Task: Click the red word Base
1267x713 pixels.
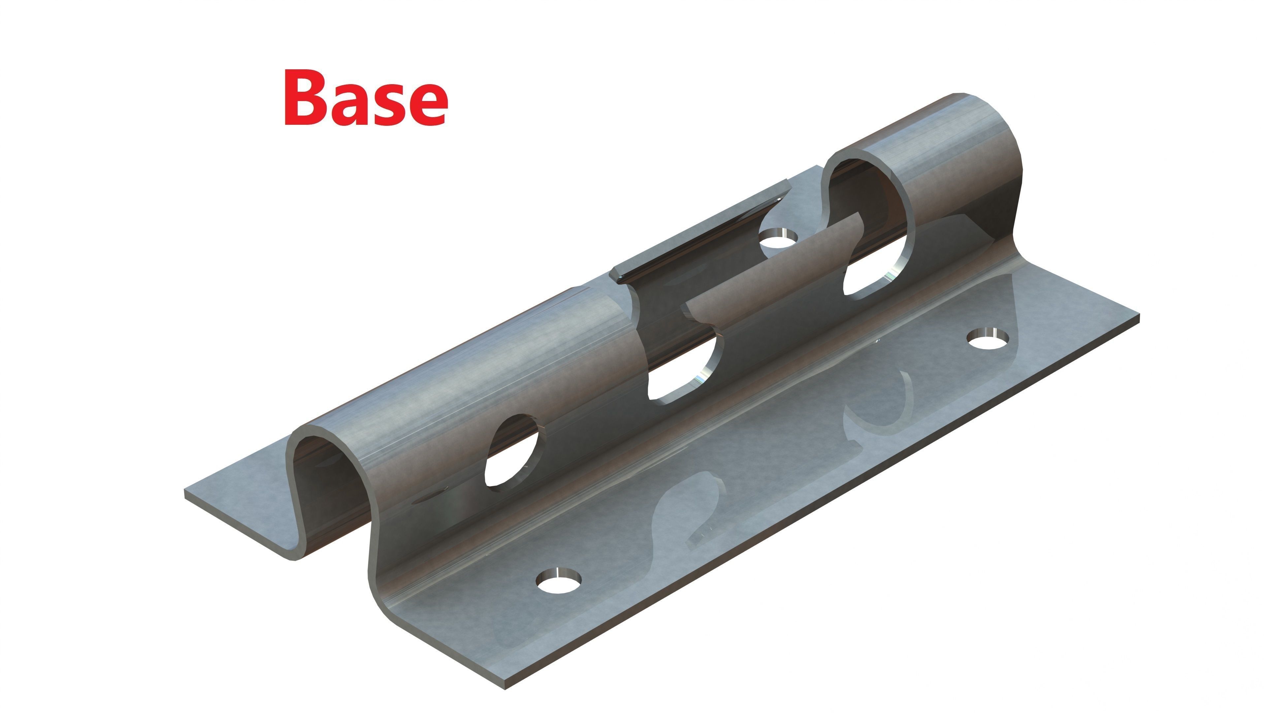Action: (367, 97)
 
